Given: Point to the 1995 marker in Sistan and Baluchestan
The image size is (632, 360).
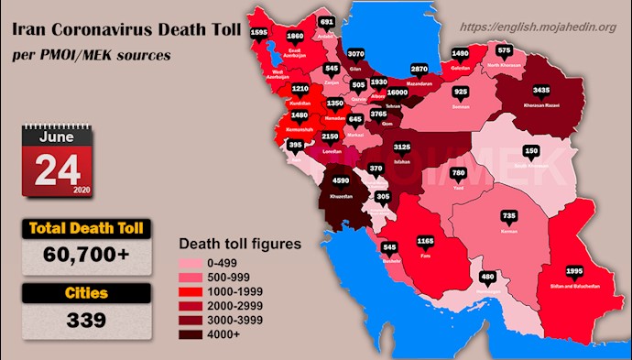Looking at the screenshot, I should (573, 272).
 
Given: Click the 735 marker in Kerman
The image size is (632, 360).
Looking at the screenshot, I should (510, 216).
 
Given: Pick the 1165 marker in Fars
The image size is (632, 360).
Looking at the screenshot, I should (424, 242).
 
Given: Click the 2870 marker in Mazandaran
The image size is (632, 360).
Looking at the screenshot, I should (420, 69).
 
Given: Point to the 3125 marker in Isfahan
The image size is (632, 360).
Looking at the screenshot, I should (400, 147).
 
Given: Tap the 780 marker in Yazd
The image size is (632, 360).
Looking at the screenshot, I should (459, 173).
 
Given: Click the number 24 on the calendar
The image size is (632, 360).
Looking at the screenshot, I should (56, 169).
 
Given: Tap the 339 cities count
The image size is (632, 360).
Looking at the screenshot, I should (87, 321).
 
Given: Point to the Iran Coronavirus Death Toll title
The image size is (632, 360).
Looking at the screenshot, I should (126, 29).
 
